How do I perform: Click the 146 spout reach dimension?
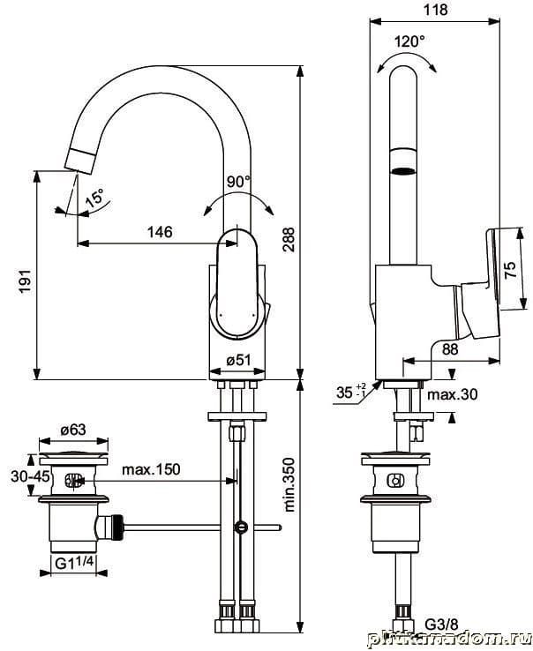click(158, 232)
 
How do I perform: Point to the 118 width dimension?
click(436, 10)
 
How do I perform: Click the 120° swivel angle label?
click(409, 41)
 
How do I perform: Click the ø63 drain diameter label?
click(72, 430)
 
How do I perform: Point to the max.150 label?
click(151, 468)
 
